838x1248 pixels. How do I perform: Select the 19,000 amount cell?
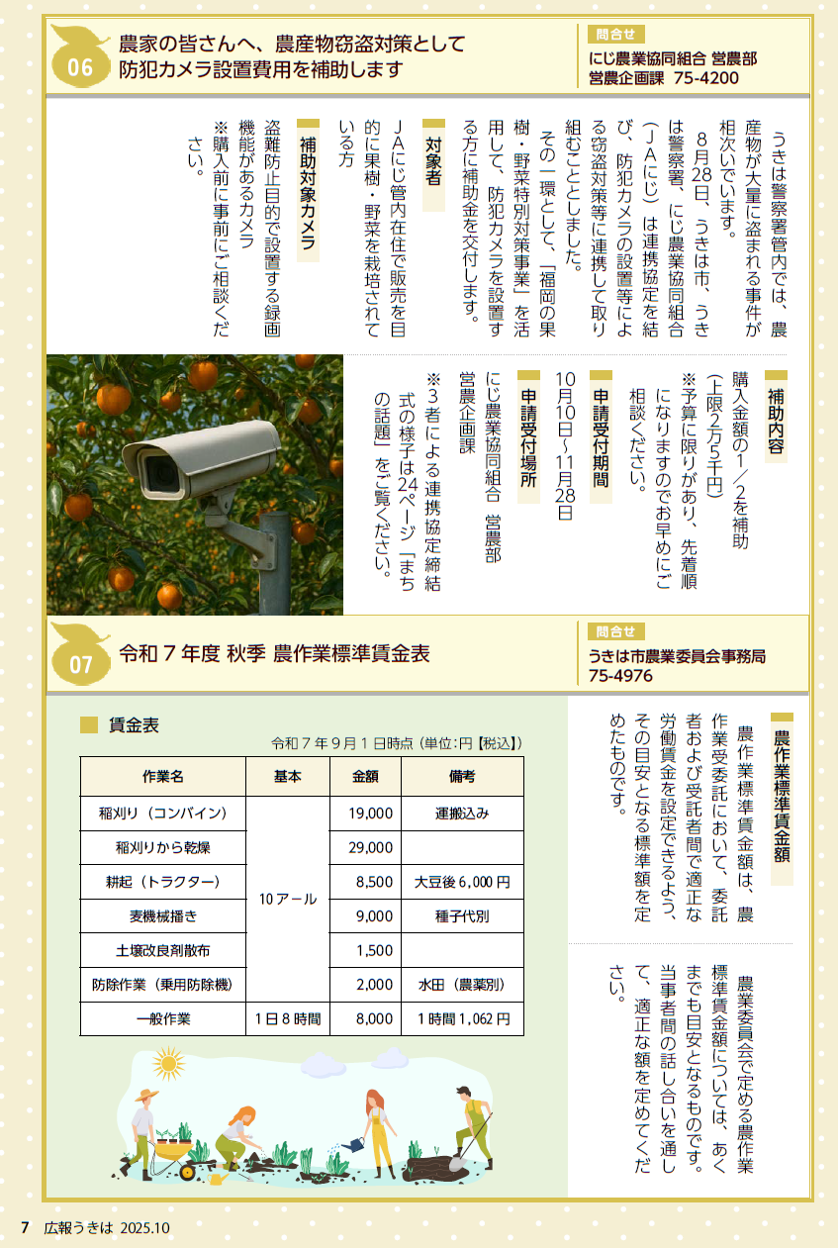[x=364, y=814]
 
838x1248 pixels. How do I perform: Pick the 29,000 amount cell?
[x=364, y=848]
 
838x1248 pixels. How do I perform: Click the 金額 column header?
[x=364, y=777]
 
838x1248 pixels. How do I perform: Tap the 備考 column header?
[x=462, y=777]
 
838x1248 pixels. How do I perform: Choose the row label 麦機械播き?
[x=163, y=916]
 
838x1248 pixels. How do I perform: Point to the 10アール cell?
[x=287, y=899]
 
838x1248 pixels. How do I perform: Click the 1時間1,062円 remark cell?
[x=462, y=1018]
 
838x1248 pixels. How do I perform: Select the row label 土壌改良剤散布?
[x=163, y=951]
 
